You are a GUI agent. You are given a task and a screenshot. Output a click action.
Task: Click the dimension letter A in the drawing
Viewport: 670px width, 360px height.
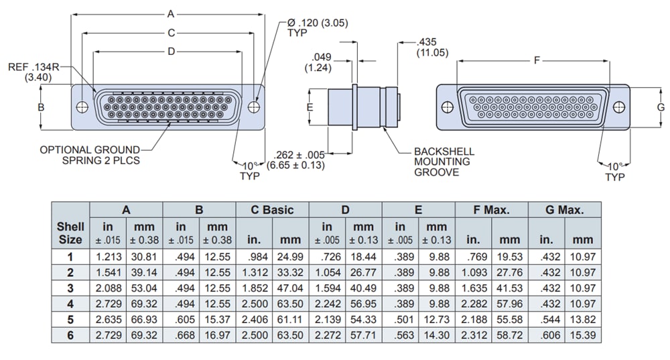pos(170,13)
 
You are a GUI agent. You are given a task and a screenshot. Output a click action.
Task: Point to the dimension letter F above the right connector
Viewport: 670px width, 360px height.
pos(537,61)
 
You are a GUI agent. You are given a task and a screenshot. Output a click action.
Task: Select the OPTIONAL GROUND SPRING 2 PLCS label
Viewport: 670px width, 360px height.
pos(91,155)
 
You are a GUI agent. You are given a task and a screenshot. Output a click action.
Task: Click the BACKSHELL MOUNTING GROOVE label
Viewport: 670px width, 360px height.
pos(442,162)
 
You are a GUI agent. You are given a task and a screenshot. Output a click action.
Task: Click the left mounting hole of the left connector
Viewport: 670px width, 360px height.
pos(82,107)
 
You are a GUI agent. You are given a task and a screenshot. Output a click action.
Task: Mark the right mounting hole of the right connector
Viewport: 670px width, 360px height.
pos(618,107)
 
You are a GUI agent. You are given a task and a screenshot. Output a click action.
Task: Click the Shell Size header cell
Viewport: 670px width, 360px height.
pos(70,233)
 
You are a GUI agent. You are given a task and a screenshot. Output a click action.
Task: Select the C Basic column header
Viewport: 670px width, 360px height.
pos(272,210)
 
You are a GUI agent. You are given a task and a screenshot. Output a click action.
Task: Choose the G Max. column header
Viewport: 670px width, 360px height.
pos(564,210)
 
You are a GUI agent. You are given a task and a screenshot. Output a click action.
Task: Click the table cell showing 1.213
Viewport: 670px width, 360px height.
pos(108,256)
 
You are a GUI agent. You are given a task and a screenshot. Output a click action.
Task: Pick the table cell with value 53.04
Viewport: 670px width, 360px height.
pos(144,288)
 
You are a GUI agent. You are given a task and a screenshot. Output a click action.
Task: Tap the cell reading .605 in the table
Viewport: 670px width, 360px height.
pos(181,320)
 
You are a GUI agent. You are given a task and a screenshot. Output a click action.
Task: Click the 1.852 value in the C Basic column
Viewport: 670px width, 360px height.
pos(254,288)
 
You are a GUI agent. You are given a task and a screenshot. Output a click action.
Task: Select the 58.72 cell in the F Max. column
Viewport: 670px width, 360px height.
pos(509,335)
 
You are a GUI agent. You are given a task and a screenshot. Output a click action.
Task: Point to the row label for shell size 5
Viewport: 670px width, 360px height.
pos(70,320)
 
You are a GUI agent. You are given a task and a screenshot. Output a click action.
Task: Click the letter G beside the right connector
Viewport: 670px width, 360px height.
pos(660,107)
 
